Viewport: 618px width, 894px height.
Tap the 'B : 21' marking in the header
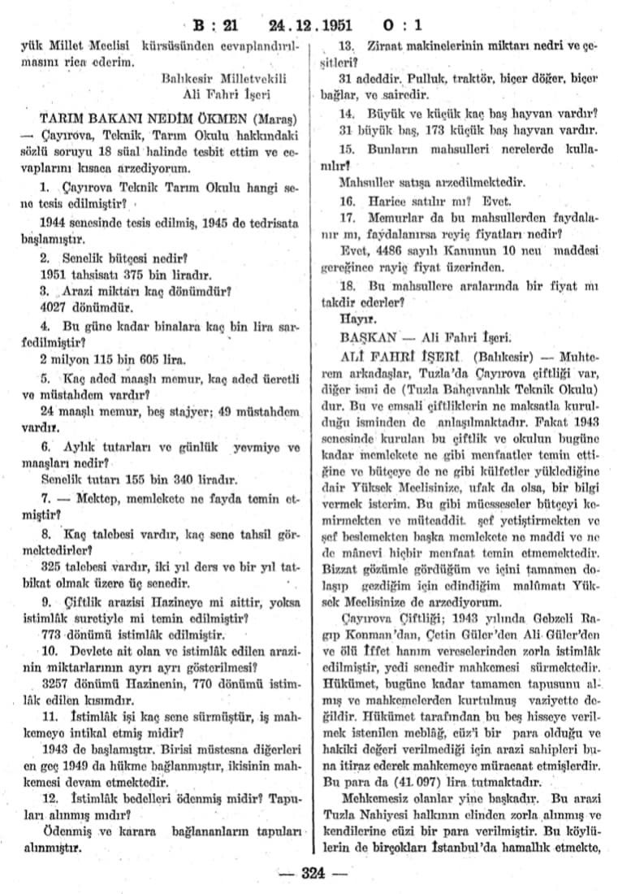[218, 24]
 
